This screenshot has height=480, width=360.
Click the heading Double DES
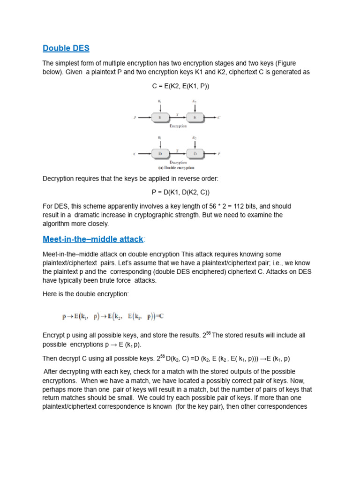[66, 48]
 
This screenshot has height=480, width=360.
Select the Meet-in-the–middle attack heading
[93, 239]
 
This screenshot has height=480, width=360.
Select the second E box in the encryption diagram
[195, 117]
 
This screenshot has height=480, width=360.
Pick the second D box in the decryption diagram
[195, 154]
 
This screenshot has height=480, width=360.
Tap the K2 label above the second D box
[195, 137]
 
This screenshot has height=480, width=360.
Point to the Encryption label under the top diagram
[178, 126]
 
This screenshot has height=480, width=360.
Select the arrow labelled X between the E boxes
[178, 117]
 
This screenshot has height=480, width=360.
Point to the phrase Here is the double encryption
[85, 294]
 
